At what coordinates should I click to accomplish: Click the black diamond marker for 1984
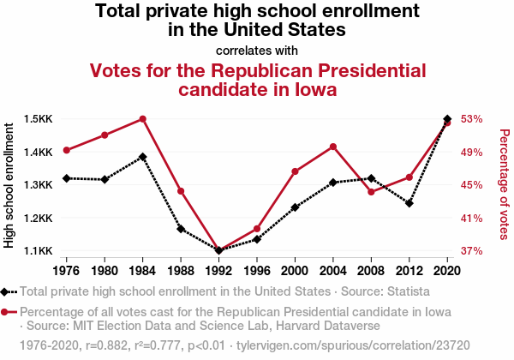pyautogui.click(x=143, y=157)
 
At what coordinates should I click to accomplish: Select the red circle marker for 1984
pyautogui.click(x=143, y=119)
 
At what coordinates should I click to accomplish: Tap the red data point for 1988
pyautogui.click(x=181, y=191)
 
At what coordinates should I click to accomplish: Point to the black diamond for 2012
pyautogui.click(x=409, y=203)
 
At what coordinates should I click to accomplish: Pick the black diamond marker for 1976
pyautogui.click(x=67, y=178)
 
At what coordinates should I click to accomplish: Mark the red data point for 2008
pyautogui.click(x=371, y=192)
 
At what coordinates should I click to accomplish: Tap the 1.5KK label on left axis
pyautogui.click(x=39, y=118)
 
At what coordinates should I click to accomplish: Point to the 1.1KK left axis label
pyautogui.click(x=39, y=251)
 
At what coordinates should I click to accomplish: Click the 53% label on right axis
pyautogui.click(x=472, y=118)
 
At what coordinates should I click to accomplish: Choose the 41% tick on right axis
pyautogui.click(x=472, y=219)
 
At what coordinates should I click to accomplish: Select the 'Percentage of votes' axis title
pyautogui.click(x=504, y=185)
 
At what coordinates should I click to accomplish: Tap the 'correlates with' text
pyautogui.click(x=257, y=50)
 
